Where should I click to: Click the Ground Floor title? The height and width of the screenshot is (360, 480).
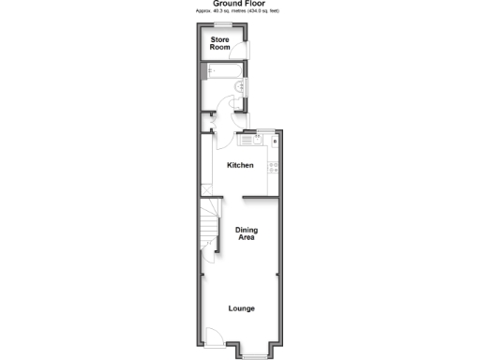click(x=239, y=4)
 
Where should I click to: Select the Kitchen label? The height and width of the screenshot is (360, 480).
click(x=240, y=166)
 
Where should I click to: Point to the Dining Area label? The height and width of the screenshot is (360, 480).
click(x=247, y=234)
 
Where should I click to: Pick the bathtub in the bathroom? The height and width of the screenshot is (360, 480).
click(x=217, y=70)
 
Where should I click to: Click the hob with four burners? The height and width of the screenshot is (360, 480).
click(x=274, y=168)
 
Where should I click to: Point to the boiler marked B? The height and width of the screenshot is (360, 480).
click(x=275, y=141)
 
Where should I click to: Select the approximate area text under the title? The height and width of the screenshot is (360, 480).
click(x=239, y=12)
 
